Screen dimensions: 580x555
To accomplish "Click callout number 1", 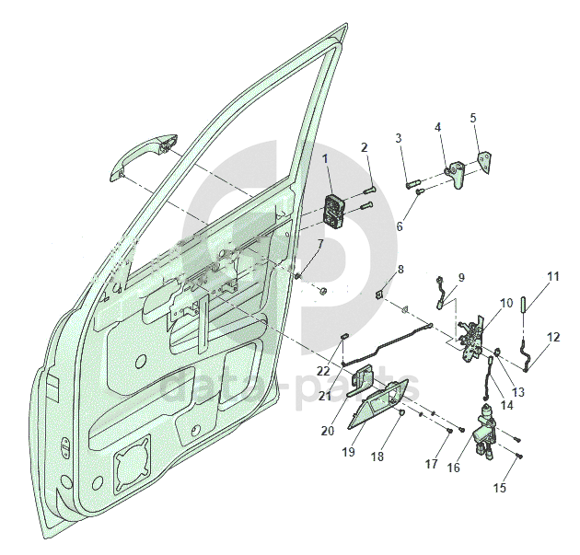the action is point(325,159).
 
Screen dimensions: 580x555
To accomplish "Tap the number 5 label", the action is point(473,118).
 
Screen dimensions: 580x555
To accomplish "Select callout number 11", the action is point(553,276).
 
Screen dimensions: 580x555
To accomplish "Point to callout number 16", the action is point(454,468).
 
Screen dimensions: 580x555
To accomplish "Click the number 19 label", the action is point(348,452).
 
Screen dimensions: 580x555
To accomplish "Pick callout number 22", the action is point(324,371).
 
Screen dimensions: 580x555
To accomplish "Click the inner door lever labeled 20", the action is point(360,382).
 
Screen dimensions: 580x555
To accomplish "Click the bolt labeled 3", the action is point(412,184).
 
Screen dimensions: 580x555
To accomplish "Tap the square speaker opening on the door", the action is point(132,465).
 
